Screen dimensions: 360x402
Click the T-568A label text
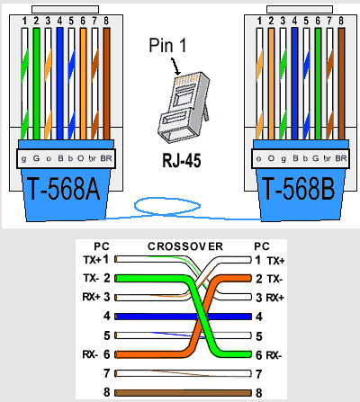(x=64, y=189)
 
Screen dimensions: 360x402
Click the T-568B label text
(x=298, y=189)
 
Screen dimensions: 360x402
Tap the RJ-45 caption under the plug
(x=182, y=160)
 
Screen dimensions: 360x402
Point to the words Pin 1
(x=167, y=46)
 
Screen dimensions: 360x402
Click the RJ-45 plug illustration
(x=184, y=107)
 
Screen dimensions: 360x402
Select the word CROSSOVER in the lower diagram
(x=185, y=246)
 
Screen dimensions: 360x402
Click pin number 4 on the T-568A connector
(x=59, y=21)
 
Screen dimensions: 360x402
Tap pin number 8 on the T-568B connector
(x=341, y=21)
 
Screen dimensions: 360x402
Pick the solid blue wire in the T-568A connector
(x=59, y=84)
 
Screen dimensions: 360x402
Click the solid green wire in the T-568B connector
(x=318, y=84)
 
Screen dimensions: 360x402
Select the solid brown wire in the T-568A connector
(x=106, y=84)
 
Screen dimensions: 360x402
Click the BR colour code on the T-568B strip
(x=341, y=158)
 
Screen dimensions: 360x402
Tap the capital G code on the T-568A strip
(x=36, y=158)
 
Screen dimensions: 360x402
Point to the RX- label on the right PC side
(x=274, y=355)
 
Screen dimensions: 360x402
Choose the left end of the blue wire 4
(x=116, y=317)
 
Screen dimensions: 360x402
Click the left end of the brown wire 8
(x=116, y=393)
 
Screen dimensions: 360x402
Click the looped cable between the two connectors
(x=167, y=206)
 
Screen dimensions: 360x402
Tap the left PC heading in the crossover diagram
(x=102, y=246)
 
